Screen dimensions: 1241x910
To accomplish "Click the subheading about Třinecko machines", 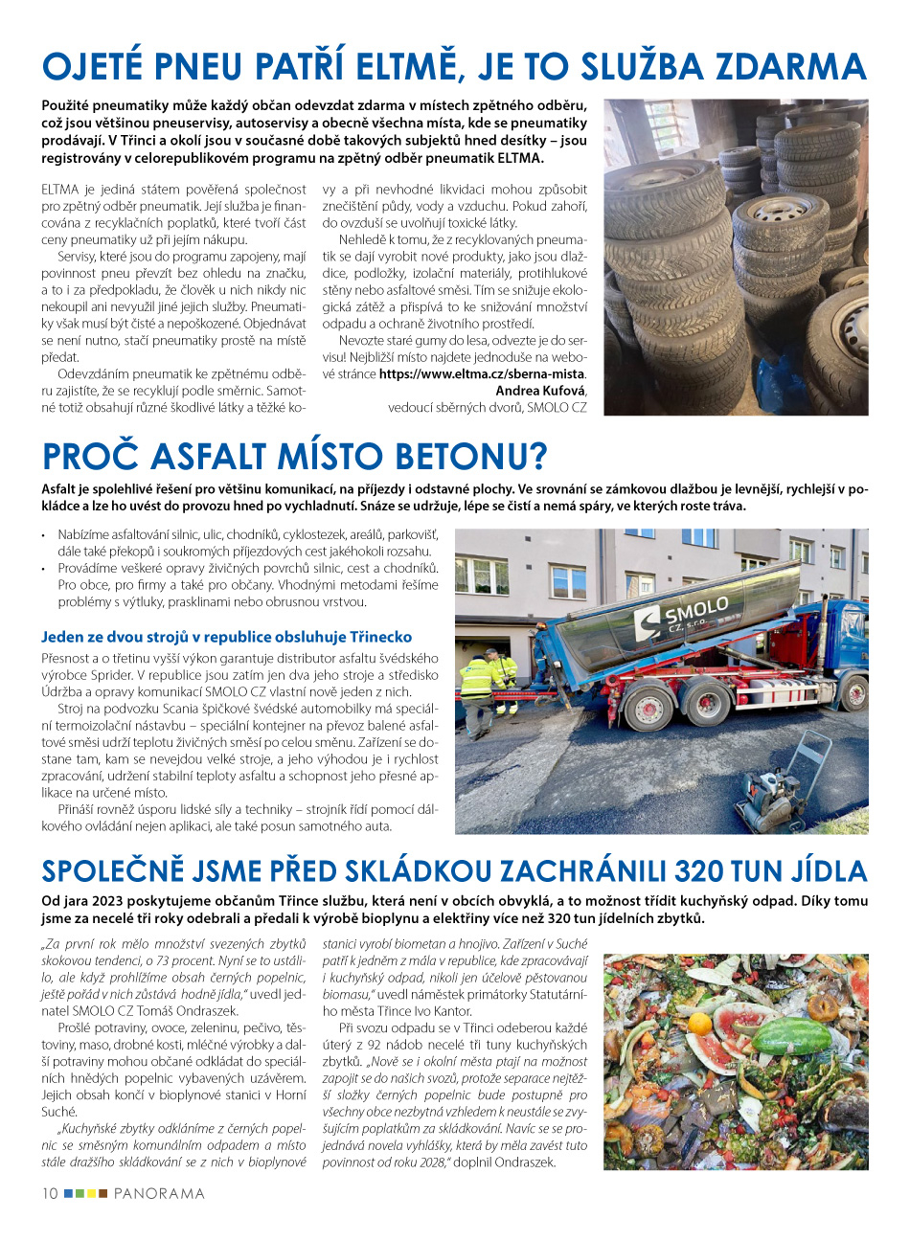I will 227,636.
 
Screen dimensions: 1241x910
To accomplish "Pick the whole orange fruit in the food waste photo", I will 701,1023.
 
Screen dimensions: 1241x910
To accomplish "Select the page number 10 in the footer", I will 50,1193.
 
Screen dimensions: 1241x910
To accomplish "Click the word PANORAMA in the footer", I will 159,1193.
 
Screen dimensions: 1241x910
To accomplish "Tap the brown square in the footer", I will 102,1193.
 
